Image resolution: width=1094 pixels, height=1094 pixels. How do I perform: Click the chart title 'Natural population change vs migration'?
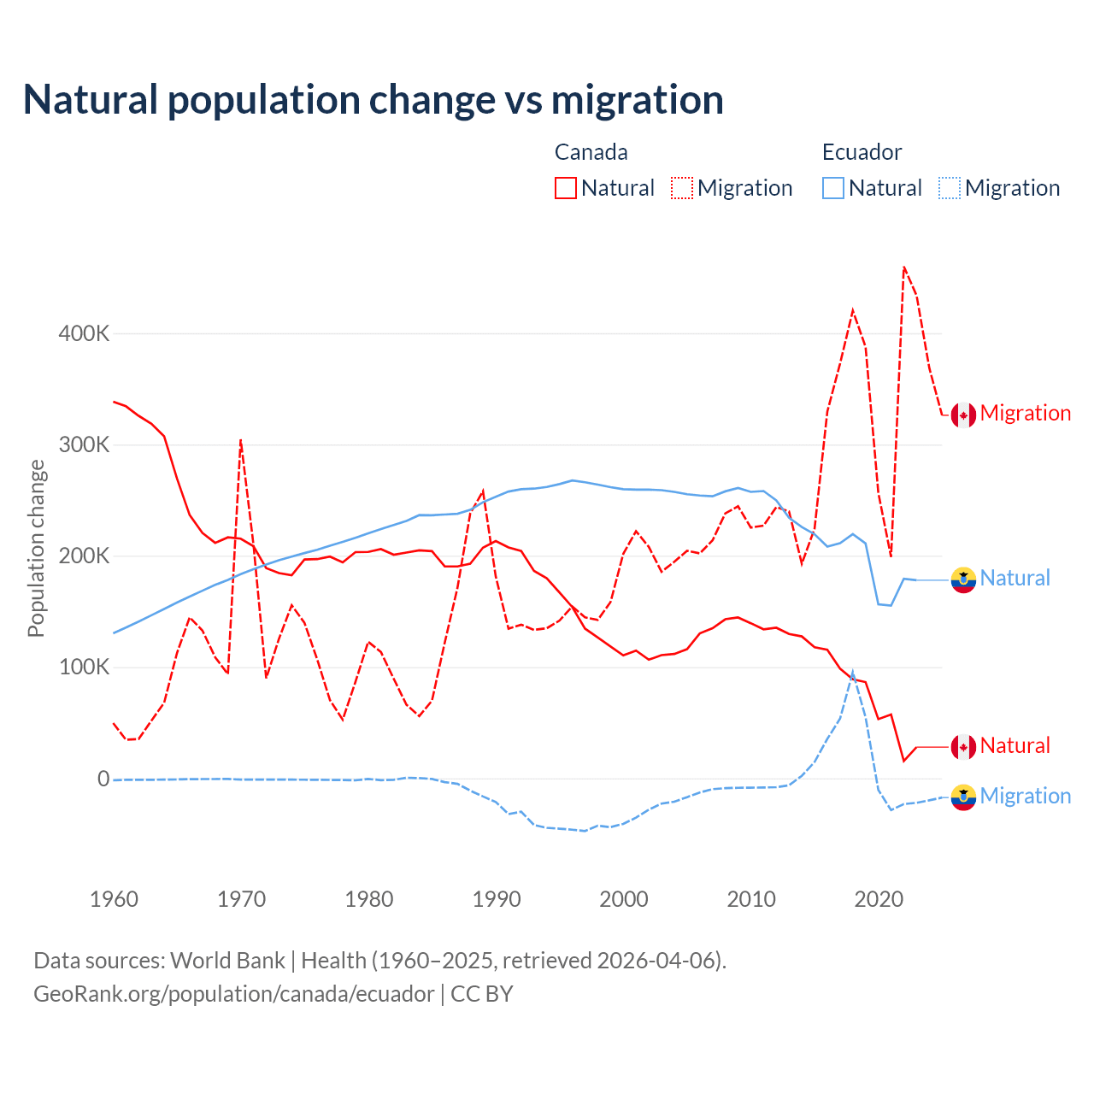coord(373,100)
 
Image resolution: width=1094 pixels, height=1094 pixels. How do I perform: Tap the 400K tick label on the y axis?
coord(84,333)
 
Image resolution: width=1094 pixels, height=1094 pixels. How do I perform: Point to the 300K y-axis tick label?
coord(84,445)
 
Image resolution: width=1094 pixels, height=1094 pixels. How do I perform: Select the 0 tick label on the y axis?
coord(103,779)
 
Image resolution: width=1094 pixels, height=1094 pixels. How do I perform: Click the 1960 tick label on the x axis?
coord(114,899)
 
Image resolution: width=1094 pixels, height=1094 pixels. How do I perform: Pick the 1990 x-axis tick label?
coord(497,899)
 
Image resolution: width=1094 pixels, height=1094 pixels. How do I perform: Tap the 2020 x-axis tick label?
coord(879,899)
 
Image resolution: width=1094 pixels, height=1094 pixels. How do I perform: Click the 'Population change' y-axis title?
coord(36,548)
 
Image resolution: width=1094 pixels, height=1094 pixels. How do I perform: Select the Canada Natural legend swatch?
coord(566,188)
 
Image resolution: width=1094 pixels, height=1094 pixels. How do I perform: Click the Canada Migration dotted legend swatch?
coord(682,188)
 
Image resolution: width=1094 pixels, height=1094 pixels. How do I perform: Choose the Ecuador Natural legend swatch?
coord(833,188)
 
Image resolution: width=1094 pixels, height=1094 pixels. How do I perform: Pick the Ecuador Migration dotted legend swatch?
coord(950,188)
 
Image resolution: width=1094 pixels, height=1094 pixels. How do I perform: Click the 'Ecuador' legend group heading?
coord(862,152)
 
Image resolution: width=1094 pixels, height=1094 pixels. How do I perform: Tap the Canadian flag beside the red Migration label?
coord(963,415)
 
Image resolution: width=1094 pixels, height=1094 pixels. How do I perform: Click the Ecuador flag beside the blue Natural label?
coord(963,579)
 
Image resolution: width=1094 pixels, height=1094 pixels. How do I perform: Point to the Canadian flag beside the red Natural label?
coord(963,747)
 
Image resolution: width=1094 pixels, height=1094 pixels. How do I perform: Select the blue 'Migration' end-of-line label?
coord(1026,797)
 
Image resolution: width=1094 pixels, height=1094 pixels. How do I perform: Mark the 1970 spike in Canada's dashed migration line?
coord(241,440)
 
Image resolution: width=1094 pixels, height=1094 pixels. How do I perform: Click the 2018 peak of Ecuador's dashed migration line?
coord(853,673)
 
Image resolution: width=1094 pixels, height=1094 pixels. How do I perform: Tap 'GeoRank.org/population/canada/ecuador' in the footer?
coord(233,994)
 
